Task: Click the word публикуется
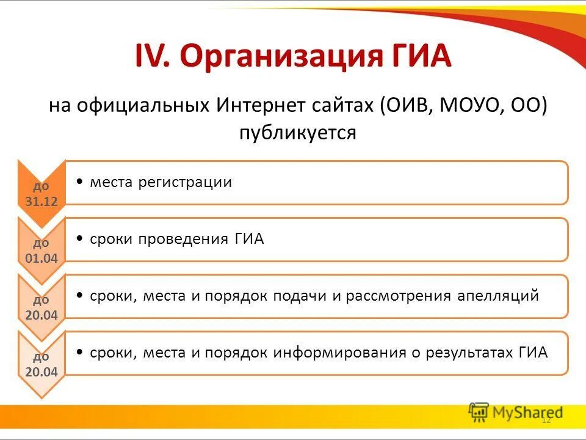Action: (297, 132)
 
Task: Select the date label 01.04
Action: (42, 258)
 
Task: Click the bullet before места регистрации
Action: (81, 182)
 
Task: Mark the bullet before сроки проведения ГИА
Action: (81, 239)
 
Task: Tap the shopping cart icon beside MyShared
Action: (479, 413)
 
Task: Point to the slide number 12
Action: (546, 420)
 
